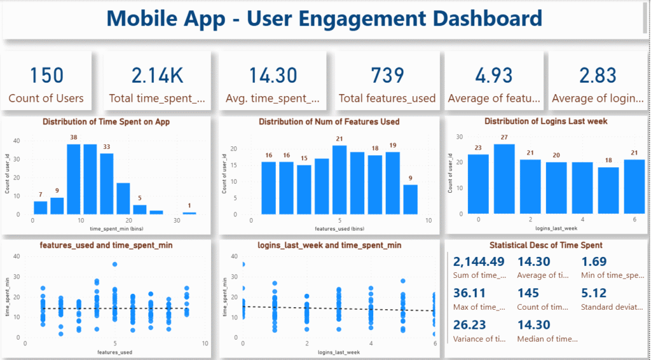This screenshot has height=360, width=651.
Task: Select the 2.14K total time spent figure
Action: pyautogui.click(x=157, y=76)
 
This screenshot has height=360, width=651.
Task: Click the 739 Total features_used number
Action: pyautogui.click(x=387, y=76)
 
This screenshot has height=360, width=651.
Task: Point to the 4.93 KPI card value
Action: pyautogui.click(x=494, y=76)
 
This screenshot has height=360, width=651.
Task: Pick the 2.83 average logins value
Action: pyautogui.click(x=598, y=76)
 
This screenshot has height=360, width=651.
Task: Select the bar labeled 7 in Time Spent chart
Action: pyautogui.click(x=41, y=208)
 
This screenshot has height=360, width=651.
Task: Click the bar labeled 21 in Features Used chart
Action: pyautogui.click(x=339, y=180)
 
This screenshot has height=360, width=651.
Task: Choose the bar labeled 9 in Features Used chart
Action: pyautogui.click(x=411, y=199)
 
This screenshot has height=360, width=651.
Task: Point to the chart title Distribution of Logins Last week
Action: pyautogui.click(x=546, y=121)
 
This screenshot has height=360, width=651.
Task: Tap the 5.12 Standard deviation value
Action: pyautogui.click(x=595, y=293)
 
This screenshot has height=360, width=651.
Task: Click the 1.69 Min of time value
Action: pyautogui.click(x=594, y=261)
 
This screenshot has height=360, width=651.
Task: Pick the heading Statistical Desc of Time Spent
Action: pyautogui.click(x=546, y=245)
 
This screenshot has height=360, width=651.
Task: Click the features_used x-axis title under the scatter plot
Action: pyautogui.click(x=115, y=352)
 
